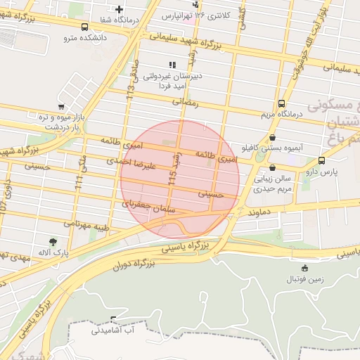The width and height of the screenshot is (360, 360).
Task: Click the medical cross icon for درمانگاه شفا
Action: (119, 9)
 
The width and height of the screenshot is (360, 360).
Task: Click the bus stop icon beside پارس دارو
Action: (321, 160)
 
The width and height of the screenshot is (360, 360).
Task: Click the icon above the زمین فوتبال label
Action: (304, 268)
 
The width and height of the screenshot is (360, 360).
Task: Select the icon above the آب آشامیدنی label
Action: (105, 320)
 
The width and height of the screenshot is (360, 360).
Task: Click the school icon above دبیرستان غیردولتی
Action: (172, 65)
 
